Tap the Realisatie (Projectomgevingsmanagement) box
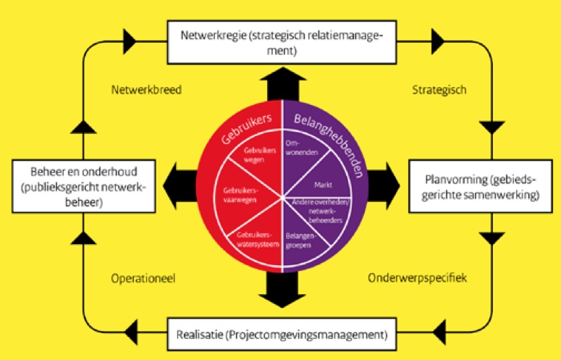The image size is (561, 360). pyautogui.click(x=281, y=335)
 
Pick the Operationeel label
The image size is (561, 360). pyautogui.click(x=144, y=277)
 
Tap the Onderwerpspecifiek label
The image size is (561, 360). pyautogui.click(x=418, y=277)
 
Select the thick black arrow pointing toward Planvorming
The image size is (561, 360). pyautogui.click(x=383, y=186)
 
